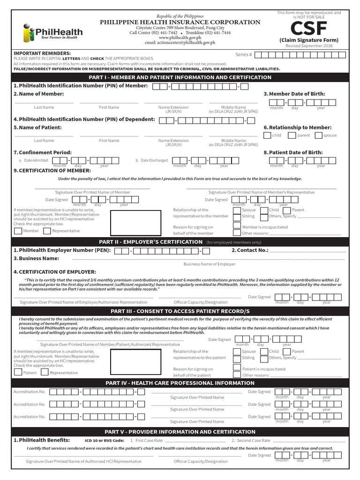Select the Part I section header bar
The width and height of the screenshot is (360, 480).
(x=180, y=77)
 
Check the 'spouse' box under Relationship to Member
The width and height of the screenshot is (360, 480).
(x=319, y=135)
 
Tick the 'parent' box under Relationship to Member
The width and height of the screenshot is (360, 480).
(x=292, y=135)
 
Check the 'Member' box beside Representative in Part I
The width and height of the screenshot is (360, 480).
(x=18, y=231)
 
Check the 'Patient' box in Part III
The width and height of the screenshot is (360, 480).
(x=18, y=372)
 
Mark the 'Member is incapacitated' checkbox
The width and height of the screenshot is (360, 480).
(x=237, y=226)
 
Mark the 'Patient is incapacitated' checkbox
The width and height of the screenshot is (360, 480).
(x=237, y=369)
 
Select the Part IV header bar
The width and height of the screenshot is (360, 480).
(x=180, y=383)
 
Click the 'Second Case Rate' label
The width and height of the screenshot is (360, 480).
(x=253, y=441)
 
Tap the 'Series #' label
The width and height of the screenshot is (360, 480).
(x=244, y=55)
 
